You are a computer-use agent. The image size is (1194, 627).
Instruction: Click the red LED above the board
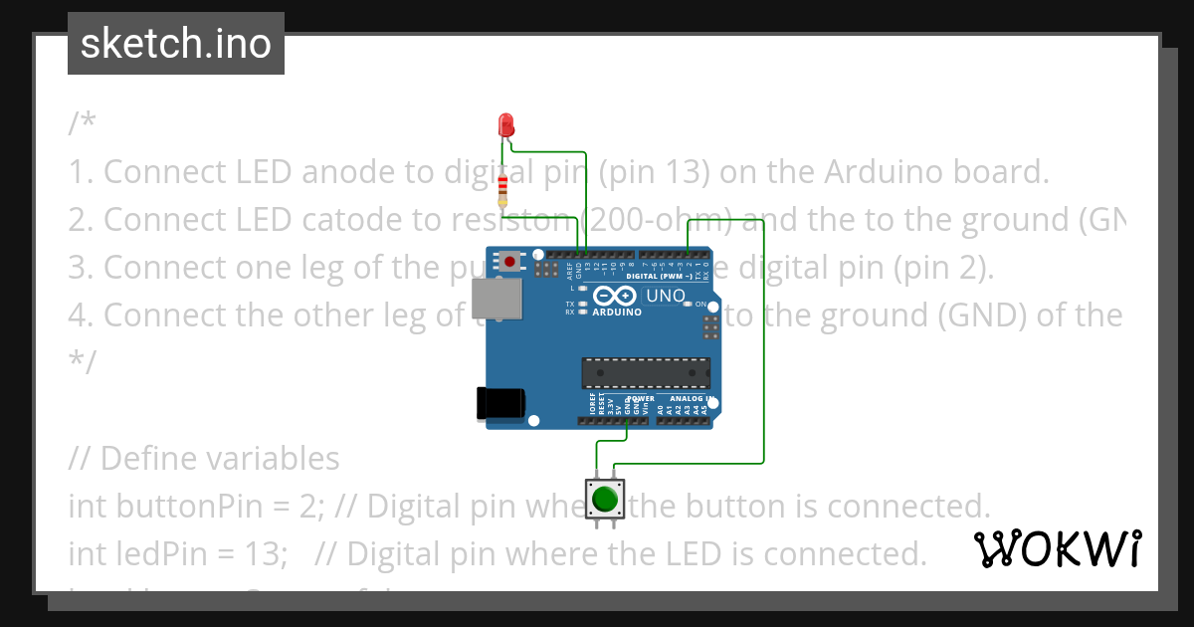coord(505,124)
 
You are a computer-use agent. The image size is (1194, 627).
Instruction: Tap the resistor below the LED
coord(503,186)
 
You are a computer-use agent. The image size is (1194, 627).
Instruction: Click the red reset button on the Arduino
coord(510,262)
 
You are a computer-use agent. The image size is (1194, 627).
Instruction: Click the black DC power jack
coord(500,402)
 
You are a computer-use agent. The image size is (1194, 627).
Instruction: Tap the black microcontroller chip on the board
coord(646,372)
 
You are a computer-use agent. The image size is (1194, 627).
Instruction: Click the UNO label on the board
coord(666,296)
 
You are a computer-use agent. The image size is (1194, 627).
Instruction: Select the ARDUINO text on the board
coord(616,312)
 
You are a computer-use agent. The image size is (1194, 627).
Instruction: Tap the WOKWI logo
coord(1057,548)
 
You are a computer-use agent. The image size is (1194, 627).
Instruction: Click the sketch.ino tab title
coord(175,44)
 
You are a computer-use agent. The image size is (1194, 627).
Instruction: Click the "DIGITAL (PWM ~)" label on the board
coord(660,275)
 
